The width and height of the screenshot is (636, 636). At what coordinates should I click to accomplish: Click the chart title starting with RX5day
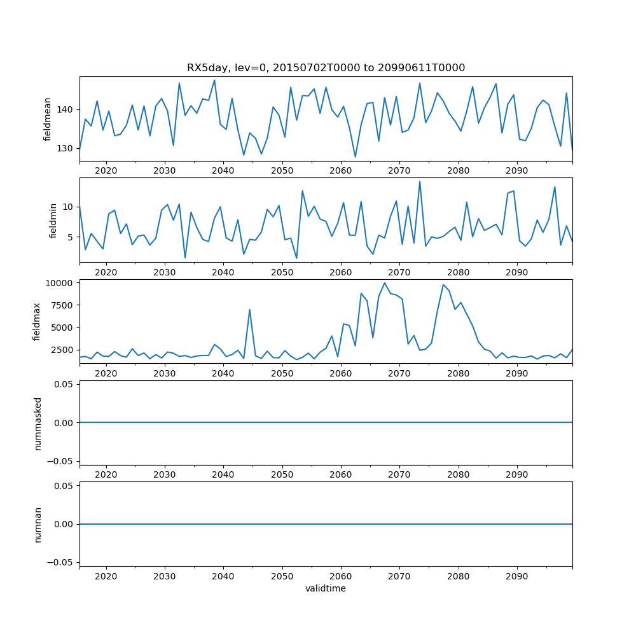click(x=326, y=68)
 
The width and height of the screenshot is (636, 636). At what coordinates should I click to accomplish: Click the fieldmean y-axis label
click(x=47, y=120)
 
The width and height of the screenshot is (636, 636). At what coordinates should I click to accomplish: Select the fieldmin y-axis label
click(x=53, y=221)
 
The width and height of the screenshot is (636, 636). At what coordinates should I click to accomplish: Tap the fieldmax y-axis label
click(x=37, y=322)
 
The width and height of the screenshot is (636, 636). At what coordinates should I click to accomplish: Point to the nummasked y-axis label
click(x=38, y=423)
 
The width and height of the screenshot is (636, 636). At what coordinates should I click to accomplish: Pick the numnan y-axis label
click(x=38, y=524)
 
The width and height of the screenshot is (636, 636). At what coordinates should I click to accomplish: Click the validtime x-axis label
click(x=326, y=589)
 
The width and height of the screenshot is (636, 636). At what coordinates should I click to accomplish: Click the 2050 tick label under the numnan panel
click(x=282, y=576)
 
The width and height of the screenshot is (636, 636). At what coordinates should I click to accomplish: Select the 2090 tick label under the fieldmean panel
click(x=516, y=171)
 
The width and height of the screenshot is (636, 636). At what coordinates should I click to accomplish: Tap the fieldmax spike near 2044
click(x=249, y=310)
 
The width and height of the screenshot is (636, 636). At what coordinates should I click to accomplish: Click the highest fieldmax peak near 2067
click(x=384, y=283)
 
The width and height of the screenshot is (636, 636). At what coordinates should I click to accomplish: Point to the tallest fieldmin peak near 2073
click(x=420, y=181)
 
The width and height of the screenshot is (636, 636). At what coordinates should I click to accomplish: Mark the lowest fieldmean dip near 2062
click(x=355, y=156)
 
